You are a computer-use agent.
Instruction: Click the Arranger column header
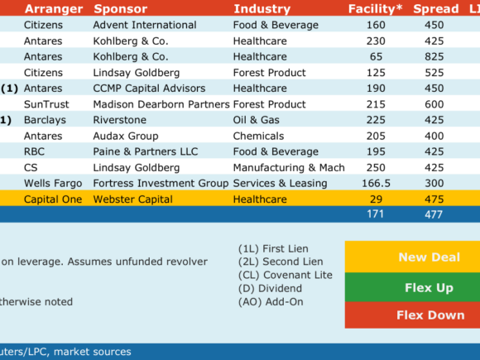coord(54,9)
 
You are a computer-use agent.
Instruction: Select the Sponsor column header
coord(121,9)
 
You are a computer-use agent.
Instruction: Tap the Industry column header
coord(262,9)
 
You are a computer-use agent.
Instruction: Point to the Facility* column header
coord(375,9)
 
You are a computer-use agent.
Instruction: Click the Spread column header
coord(436,9)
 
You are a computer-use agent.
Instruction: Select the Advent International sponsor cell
coord(145,25)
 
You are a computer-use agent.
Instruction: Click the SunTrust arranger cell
coord(46,104)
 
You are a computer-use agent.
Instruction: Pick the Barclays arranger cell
coord(45,120)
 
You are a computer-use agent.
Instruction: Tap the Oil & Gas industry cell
coord(257,120)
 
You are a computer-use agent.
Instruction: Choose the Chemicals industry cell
coord(259,136)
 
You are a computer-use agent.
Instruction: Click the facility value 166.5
coord(377,183)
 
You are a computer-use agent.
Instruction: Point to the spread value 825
coord(434,56)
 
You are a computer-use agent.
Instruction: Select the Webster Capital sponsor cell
coord(133,199)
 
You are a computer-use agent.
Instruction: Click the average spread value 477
coord(434,214)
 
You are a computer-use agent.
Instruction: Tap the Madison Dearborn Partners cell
coord(161,104)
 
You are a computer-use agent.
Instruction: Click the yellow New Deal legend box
coord(412,257)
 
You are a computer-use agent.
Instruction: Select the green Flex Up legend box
coord(412,287)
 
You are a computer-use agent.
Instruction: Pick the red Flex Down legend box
coord(412,315)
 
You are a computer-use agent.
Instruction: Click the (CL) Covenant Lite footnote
coord(286,275)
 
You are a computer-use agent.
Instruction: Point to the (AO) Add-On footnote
coord(271,302)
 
